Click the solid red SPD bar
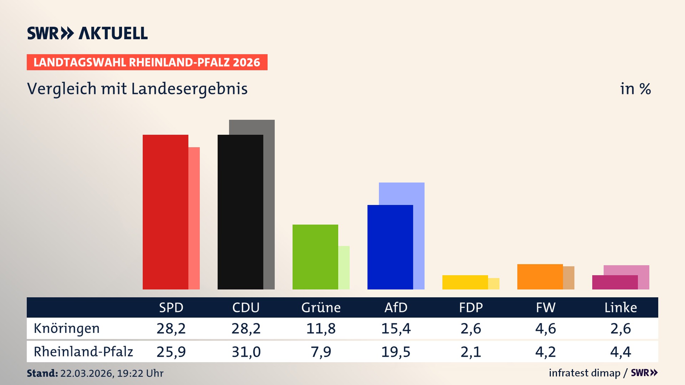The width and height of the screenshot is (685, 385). click(165, 212)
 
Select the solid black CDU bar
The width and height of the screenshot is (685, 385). click(240, 212)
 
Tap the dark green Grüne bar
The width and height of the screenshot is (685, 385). click(315, 257)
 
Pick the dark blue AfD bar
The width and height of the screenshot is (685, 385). click(390, 247)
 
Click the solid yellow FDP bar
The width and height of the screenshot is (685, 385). click(465, 282)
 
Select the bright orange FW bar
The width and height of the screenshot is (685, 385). click(540, 277)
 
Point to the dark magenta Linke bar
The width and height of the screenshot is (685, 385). click(615, 282)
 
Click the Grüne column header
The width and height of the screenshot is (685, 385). click(321, 307)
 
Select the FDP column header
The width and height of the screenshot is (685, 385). click(471, 307)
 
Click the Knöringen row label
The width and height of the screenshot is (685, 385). click(67, 328)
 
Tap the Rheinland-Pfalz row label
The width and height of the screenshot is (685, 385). click(83, 351)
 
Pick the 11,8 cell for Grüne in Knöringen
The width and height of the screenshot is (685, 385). click(321, 328)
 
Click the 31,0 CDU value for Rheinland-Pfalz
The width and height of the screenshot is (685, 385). click(246, 352)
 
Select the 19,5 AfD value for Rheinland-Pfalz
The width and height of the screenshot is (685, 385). click(396, 352)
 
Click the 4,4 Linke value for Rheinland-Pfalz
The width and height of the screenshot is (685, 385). click(620, 352)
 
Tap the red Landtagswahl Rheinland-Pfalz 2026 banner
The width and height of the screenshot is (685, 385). click(147, 62)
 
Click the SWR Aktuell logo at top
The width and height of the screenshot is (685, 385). click(87, 33)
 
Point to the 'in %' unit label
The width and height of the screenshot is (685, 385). click(635, 89)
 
